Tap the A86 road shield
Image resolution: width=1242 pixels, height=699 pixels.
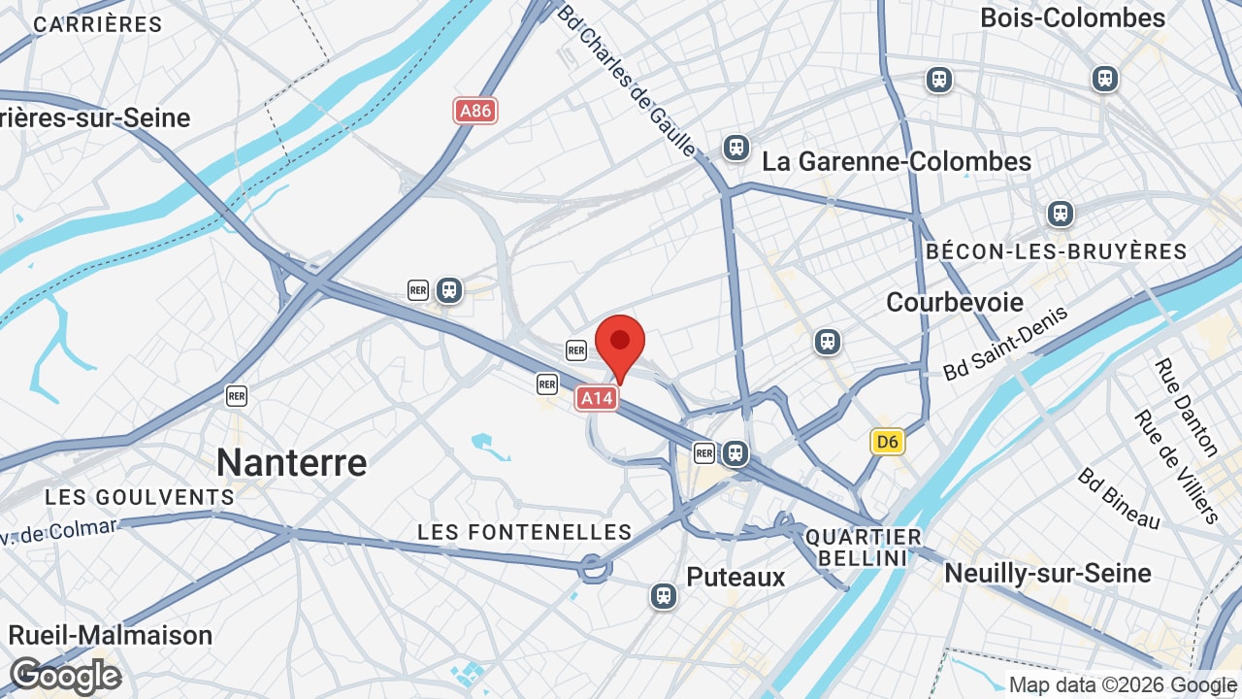[x=475, y=111]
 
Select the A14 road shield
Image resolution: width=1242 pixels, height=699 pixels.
[x=597, y=397]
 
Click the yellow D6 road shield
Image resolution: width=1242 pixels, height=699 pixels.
[x=887, y=443]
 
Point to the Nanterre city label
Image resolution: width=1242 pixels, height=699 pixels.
[x=291, y=462]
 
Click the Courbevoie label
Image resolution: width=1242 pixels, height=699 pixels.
[x=955, y=302]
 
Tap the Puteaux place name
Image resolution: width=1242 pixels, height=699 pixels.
[x=735, y=577]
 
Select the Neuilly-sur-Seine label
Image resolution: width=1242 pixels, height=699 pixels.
[x=1048, y=573]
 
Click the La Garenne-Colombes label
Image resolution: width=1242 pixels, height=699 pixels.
[x=897, y=161]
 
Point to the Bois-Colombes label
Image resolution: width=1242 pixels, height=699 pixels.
[x=1072, y=18]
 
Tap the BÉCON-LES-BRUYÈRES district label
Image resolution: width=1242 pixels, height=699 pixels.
[x=1056, y=251]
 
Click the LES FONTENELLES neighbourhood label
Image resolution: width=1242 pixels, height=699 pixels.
[x=525, y=532]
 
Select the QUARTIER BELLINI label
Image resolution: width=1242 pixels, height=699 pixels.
[x=864, y=548]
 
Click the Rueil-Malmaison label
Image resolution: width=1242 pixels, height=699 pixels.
[x=110, y=635]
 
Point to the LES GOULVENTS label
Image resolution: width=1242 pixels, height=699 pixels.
[x=140, y=497]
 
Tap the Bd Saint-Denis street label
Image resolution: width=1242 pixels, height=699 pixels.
[x=1005, y=343]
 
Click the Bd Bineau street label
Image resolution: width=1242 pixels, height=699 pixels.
[x=1119, y=499]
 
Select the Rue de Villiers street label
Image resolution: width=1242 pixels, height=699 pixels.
[x=1175, y=466]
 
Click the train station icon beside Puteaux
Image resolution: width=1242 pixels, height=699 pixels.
[x=664, y=595]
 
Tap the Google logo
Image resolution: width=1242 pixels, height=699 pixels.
[x=65, y=676]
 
